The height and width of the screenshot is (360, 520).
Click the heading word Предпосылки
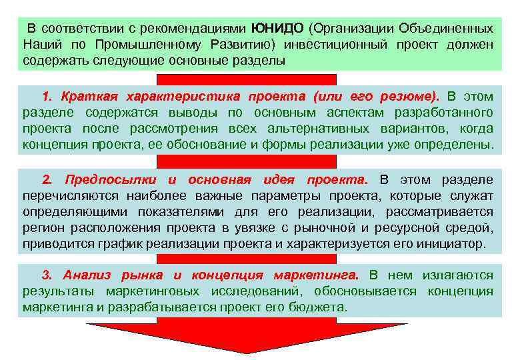(111, 180)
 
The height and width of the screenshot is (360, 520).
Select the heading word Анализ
(85, 275)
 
